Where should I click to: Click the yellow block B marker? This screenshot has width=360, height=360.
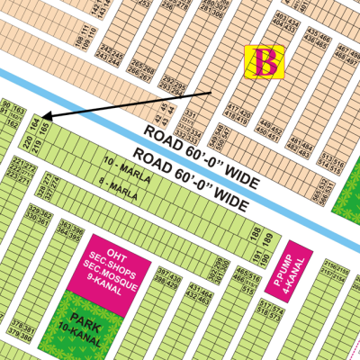pos(265,62)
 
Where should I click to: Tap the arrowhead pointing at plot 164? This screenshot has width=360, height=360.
pos(45,116)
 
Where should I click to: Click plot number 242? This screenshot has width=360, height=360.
pos(103,47)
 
